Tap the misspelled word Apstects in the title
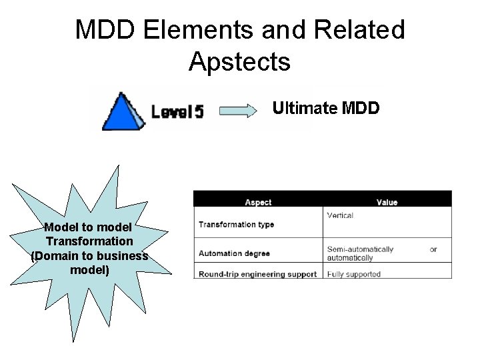tap(239, 61)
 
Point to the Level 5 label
tap(177, 111)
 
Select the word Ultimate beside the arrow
tap(304, 108)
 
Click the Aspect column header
tap(258, 202)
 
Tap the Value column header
tap(387, 202)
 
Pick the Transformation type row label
tap(236, 225)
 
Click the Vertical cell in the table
tap(340, 216)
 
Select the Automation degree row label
tap(230, 253)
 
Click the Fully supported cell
tap(353, 273)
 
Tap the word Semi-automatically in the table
tap(360, 249)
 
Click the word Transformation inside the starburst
tap(89, 241)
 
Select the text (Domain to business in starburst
tap(89, 255)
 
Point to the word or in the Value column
tap(433, 249)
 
